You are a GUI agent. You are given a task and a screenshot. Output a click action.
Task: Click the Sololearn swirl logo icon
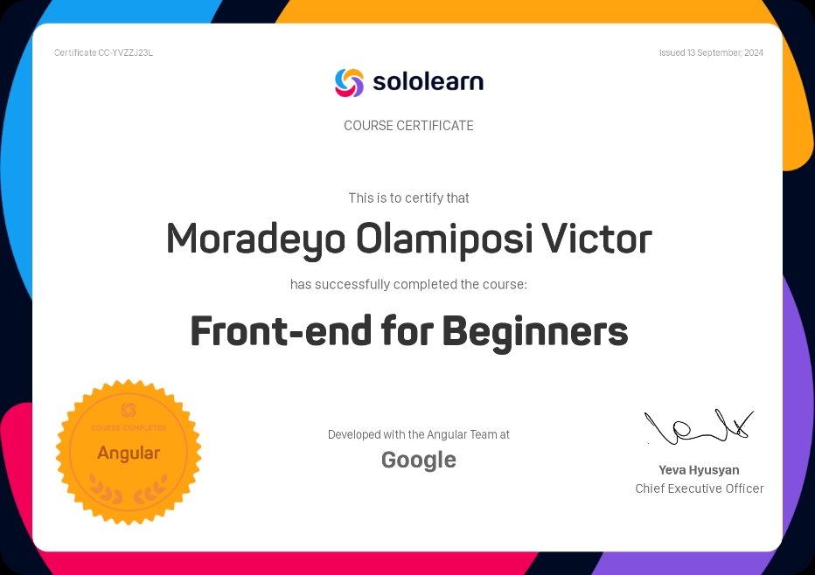coord(349,82)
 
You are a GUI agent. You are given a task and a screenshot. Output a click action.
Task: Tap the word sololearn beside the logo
coord(428,82)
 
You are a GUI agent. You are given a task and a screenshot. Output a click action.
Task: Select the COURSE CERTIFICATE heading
coord(408,126)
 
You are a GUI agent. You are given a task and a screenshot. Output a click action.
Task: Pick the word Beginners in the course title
coord(535,331)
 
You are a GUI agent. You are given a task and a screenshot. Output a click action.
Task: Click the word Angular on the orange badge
coord(129,453)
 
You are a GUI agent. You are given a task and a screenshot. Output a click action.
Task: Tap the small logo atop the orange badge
coord(129,410)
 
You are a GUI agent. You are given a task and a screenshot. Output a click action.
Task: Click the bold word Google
coord(419,460)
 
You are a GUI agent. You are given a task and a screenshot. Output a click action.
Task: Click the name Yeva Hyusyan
coord(699,470)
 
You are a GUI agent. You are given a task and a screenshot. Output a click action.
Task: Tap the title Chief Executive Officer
coord(700,488)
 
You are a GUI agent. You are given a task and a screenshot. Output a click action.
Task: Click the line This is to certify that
coord(408,198)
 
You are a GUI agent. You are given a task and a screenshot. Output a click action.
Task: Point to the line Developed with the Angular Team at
coord(419,434)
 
